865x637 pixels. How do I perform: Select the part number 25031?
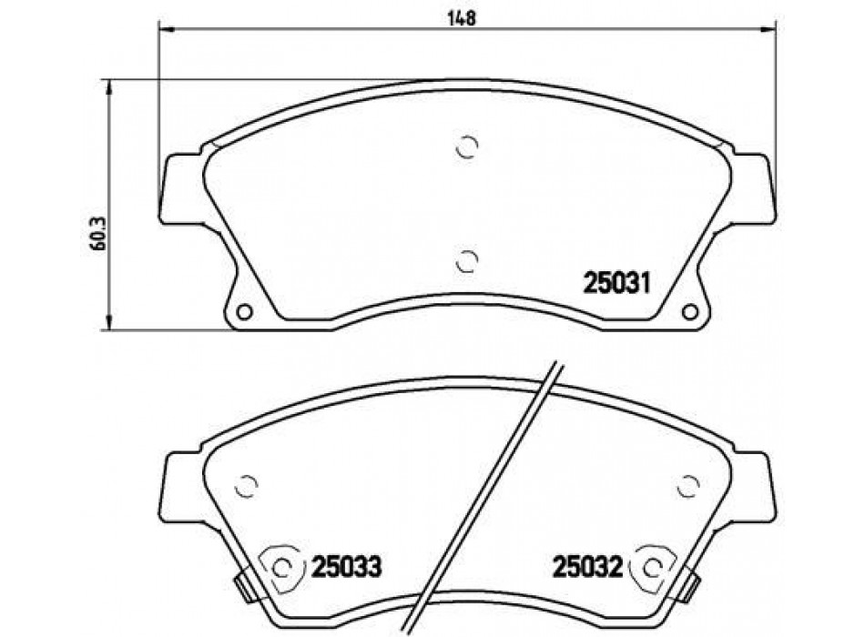[x=617, y=284]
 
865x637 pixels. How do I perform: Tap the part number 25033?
[x=346, y=566]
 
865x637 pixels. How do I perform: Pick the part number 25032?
[x=587, y=566]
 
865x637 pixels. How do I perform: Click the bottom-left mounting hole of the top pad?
[x=244, y=312]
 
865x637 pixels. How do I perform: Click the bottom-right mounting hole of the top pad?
[x=689, y=312]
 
